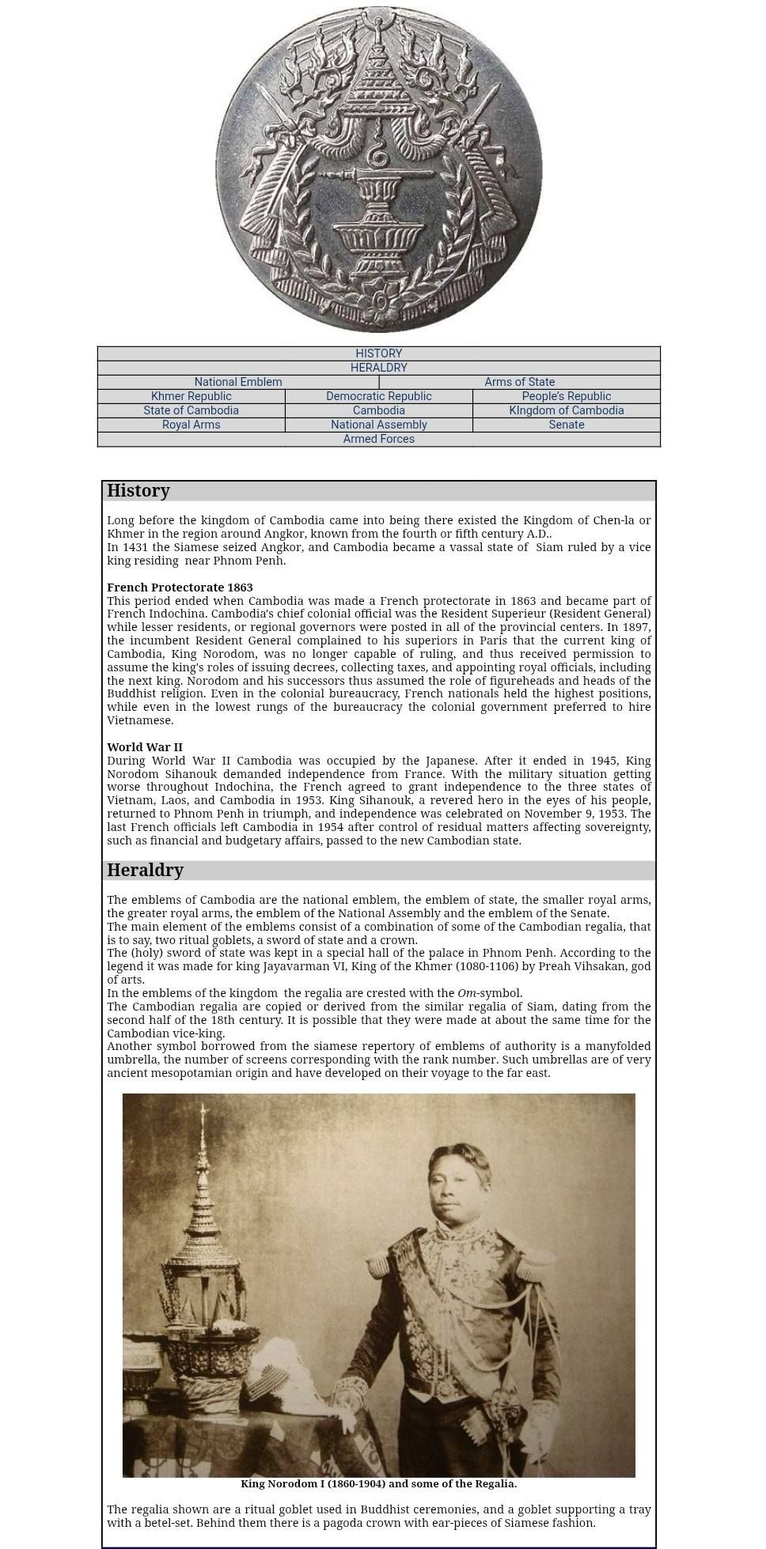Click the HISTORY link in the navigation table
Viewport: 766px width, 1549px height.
[378, 353]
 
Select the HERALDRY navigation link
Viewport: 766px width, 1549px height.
[378, 368]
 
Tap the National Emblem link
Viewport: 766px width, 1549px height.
[238, 382]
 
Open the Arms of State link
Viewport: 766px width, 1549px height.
[519, 382]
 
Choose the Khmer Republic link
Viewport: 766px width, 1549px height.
[191, 396]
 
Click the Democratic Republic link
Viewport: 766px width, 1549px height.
[378, 396]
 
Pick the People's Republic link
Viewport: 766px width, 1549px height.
[566, 396]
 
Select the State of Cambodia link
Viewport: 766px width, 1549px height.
[191, 410]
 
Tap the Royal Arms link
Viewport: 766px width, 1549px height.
[191, 425]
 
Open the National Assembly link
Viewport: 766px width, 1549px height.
[378, 425]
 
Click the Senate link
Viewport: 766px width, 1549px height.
[566, 425]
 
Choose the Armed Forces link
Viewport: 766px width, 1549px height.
[378, 439]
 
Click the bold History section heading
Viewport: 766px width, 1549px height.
[138, 491]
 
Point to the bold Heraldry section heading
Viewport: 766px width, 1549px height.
[145, 871]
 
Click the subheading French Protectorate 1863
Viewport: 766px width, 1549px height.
[180, 587]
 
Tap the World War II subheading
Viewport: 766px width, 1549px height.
[145, 747]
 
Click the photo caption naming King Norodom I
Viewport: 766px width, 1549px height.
[378, 1484]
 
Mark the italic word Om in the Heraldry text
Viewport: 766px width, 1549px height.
[466, 993]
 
